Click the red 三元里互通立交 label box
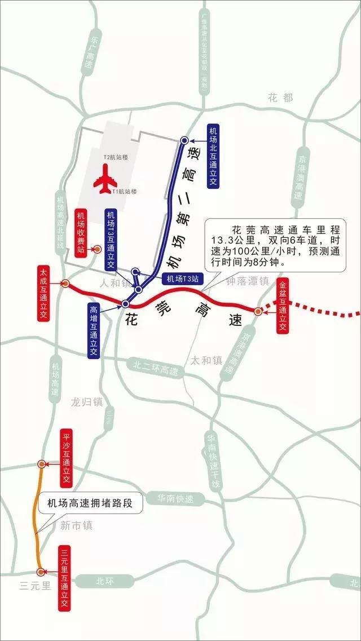64,579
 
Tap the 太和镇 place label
206,360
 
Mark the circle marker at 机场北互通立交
184,140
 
